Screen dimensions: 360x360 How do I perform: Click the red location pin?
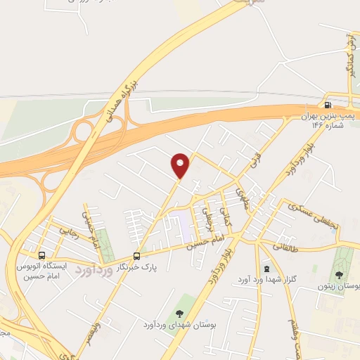click(x=181, y=166)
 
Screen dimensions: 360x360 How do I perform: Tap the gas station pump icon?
click(x=328, y=105)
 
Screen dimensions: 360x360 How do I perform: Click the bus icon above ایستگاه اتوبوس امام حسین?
click(x=42, y=255)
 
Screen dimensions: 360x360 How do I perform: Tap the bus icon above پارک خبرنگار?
click(x=136, y=256)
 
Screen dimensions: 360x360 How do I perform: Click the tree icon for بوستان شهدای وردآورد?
click(x=179, y=312)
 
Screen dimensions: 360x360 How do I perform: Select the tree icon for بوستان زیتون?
click(x=340, y=275)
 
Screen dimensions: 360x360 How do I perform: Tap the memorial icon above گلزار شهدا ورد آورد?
click(x=266, y=269)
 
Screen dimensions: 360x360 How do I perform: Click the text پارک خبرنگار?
click(x=136, y=268)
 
